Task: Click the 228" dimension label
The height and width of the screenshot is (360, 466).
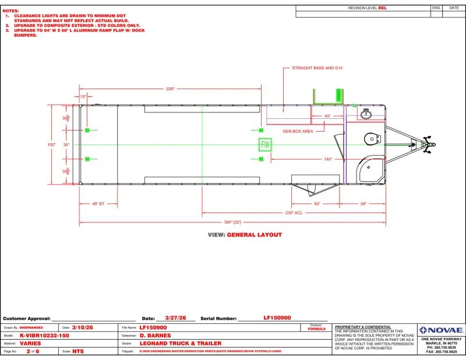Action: point(170,89)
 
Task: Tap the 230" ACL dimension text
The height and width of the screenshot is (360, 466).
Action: point(294,213)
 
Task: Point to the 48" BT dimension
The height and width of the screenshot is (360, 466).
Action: point(98,203)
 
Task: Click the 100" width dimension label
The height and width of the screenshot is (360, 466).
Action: point(51,144)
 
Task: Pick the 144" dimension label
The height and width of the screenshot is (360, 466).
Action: point(328,159)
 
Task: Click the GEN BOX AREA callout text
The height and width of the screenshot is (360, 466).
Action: point(298,131)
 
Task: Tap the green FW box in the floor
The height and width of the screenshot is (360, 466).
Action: point(264,144)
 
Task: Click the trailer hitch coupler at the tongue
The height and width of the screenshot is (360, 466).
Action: point(430,144)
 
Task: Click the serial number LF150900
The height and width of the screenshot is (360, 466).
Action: point(277,318)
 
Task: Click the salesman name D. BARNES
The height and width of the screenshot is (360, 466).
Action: point(154,336)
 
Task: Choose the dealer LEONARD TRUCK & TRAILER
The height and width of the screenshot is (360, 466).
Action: point(181,343)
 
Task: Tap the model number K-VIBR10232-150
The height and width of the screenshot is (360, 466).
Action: point(44,336)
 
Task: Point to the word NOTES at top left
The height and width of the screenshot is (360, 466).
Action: point(10,10)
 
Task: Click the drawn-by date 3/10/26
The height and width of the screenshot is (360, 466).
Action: point(82,328)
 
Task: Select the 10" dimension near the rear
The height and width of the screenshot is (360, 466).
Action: point(83,96)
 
